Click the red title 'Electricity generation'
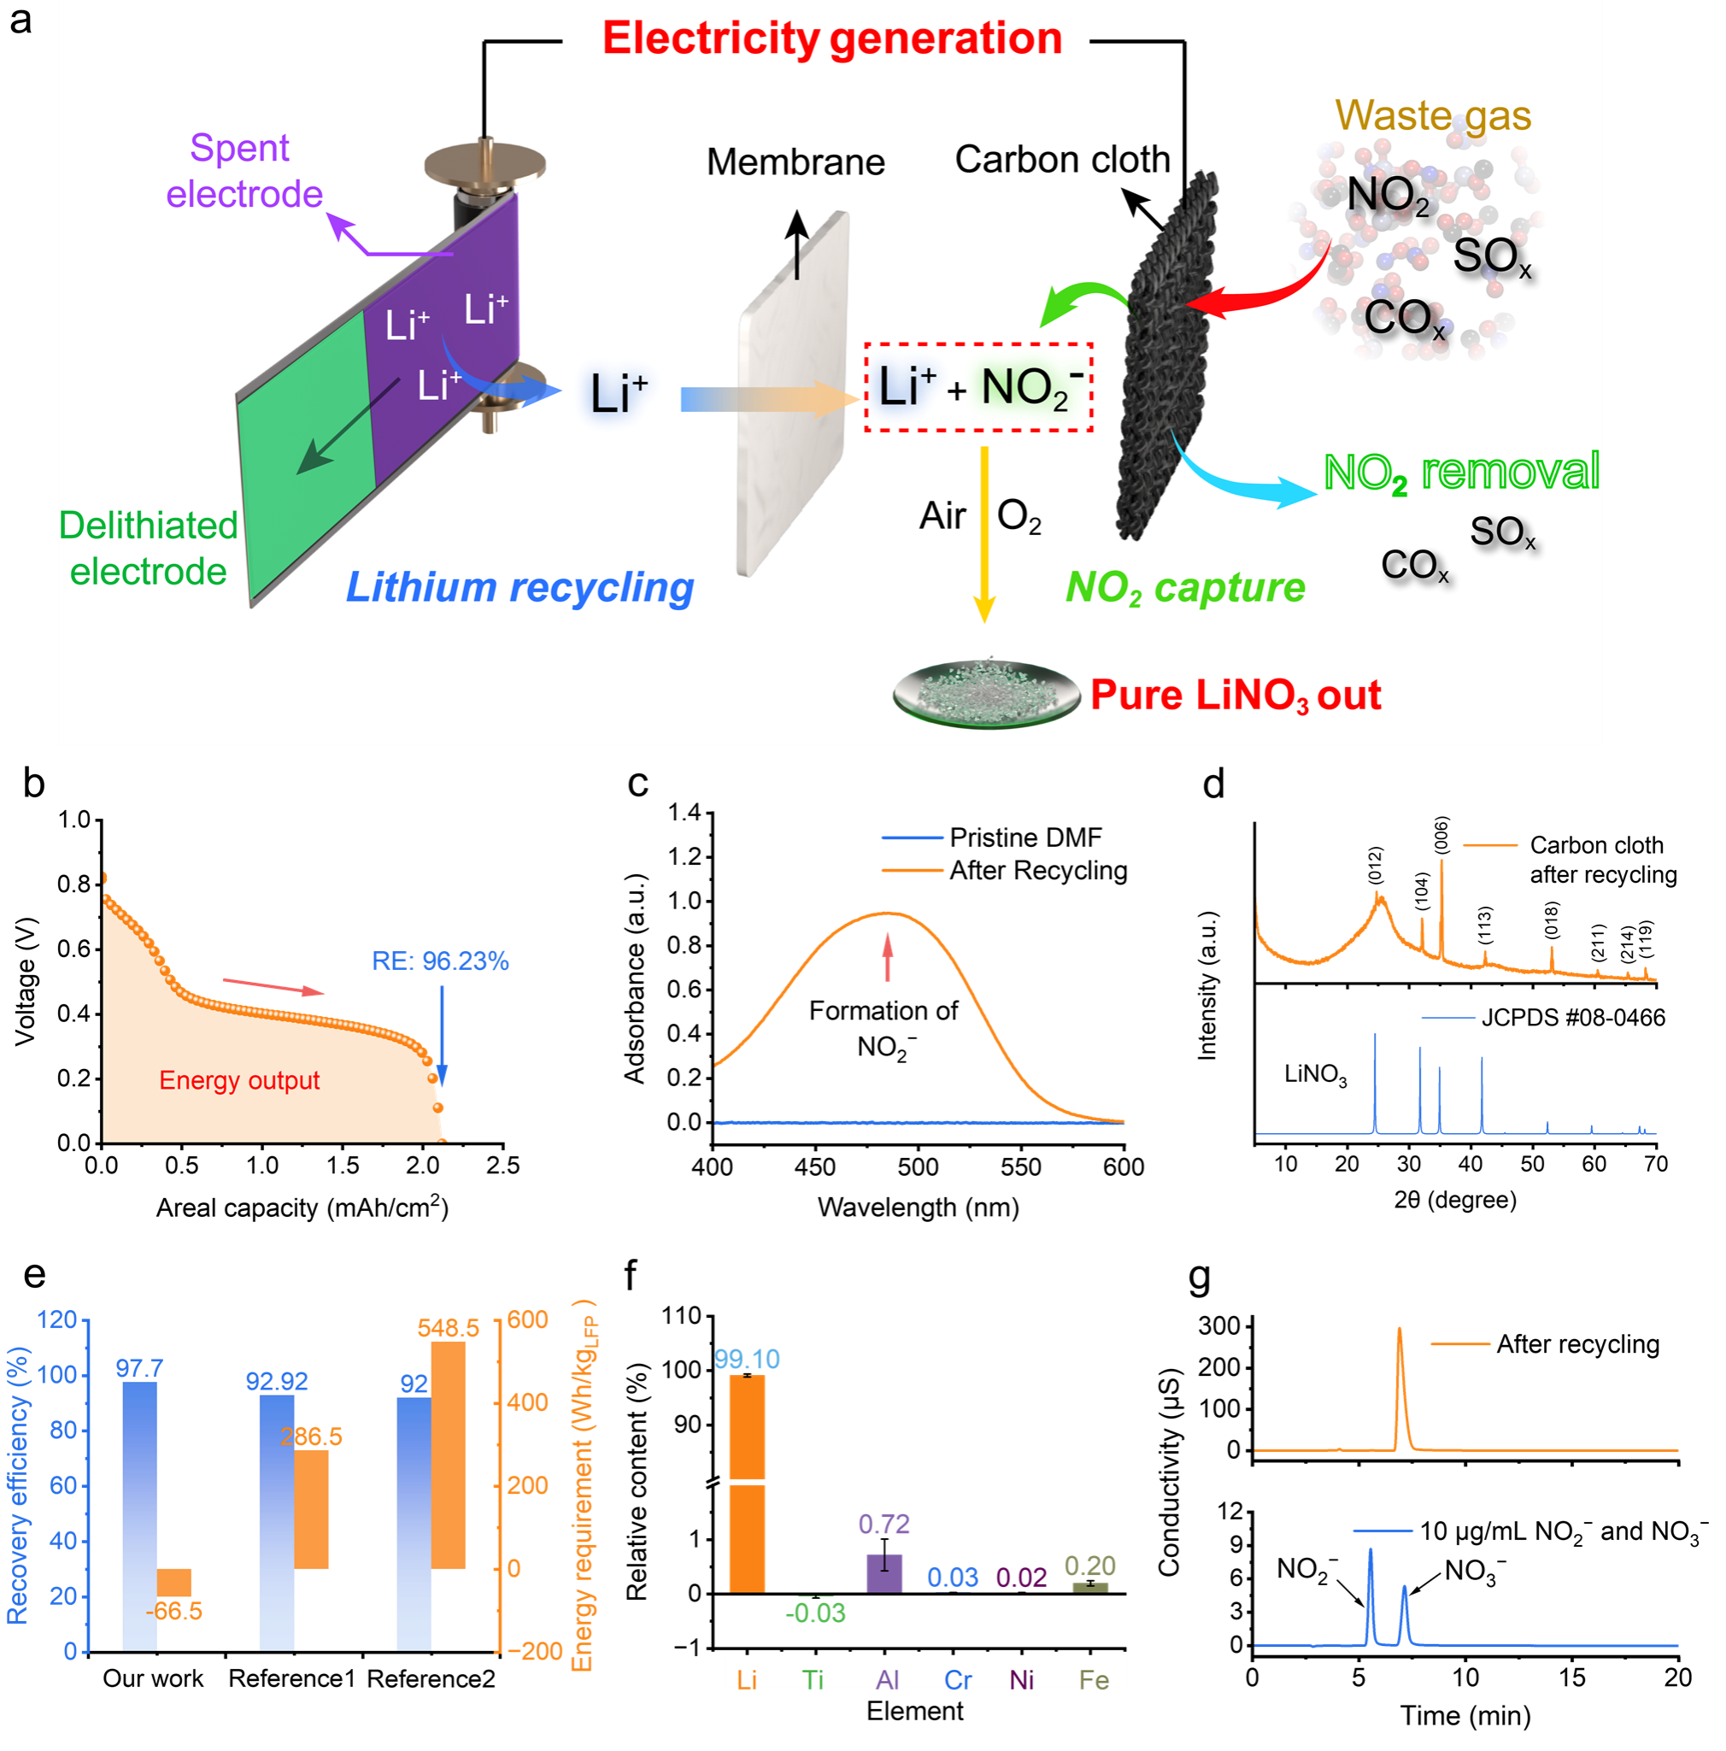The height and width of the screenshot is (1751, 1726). point(831,39)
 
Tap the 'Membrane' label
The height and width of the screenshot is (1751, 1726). point(795,162)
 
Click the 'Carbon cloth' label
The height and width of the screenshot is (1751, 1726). point(1062,160)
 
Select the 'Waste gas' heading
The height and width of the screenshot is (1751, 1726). point(1432,116)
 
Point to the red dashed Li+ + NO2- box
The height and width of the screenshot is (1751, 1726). point(977,387)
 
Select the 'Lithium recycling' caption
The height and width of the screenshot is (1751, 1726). point(520,587)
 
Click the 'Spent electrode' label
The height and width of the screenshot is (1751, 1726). point(243,171)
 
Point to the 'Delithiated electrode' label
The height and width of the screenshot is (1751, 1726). point(149,549)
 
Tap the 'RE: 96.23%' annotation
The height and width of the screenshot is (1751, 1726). point(440,961)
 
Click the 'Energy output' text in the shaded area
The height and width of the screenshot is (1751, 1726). point(239,1080)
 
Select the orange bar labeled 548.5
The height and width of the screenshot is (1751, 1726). point(448,1454)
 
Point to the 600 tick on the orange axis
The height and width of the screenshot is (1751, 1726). point(527,1319)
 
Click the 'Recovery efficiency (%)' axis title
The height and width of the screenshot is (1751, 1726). point(18,1485)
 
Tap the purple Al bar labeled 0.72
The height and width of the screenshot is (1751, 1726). point(884,1573)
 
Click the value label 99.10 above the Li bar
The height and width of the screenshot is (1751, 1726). point(747,1360)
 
